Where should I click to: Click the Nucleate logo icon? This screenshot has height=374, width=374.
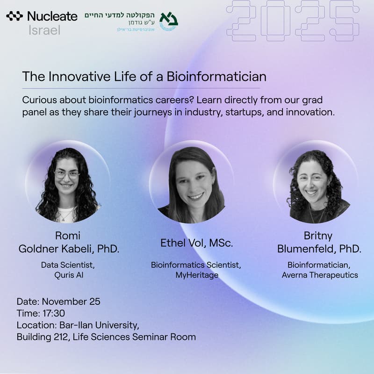point(14,17)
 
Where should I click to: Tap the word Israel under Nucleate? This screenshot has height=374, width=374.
point(44,30)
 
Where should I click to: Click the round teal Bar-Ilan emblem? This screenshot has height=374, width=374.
point(168,21)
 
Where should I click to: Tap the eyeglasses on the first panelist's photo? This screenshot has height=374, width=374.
point(67,174)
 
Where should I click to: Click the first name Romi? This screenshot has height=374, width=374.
point(68,236)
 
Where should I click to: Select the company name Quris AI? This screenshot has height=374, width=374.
point(69,275)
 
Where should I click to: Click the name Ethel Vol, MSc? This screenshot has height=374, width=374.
point(196,243)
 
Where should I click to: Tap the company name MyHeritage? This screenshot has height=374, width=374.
point(196,275)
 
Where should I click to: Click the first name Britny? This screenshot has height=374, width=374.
point(319,236)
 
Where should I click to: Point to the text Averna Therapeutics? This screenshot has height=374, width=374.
point(320,275)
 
